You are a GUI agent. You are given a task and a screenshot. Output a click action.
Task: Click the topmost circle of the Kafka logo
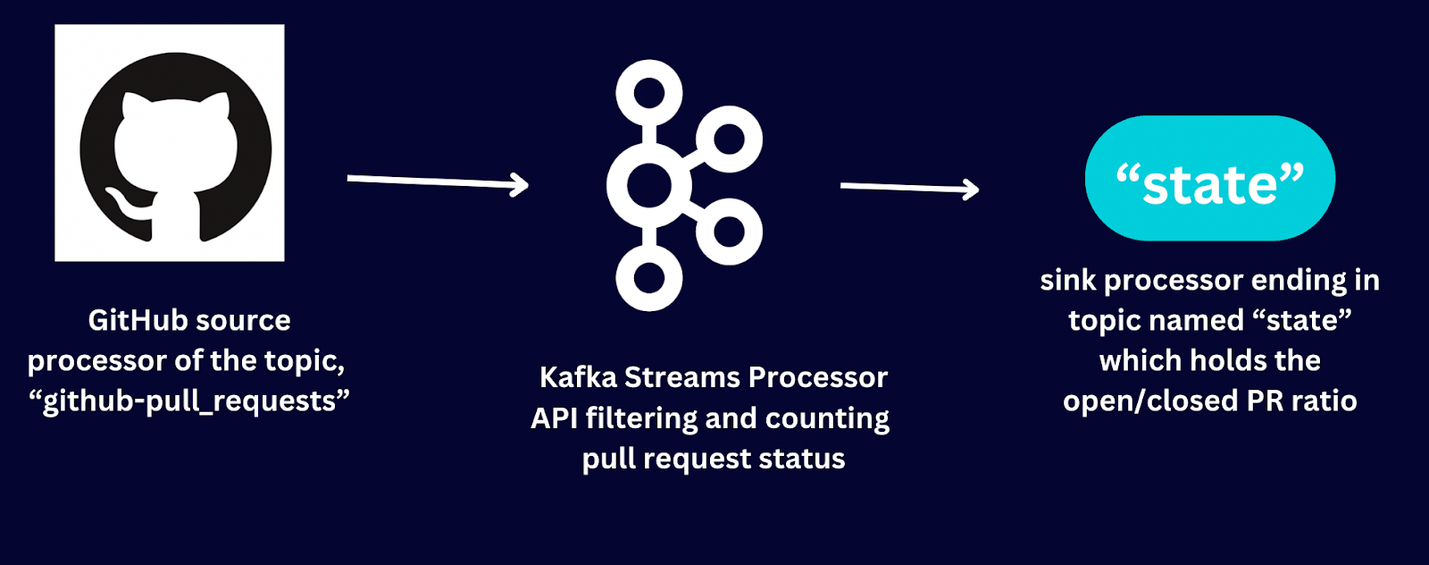tap(648, 93)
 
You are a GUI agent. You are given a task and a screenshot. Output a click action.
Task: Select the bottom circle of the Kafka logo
tap(648, 278)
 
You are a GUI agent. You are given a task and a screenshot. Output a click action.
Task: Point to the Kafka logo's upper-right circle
tap(729, 139)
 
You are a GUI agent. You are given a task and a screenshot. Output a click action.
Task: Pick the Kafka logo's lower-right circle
tap(729, 232)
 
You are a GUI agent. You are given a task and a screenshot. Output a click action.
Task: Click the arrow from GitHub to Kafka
tap(438, 182)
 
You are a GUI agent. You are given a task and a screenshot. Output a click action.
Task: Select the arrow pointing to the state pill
tap(910, 188)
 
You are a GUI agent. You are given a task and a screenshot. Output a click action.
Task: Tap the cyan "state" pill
tap(1210, 178)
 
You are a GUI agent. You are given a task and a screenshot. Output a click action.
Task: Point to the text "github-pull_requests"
tap(189, 401)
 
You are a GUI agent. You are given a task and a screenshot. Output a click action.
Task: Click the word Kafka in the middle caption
tap(578, 377)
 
